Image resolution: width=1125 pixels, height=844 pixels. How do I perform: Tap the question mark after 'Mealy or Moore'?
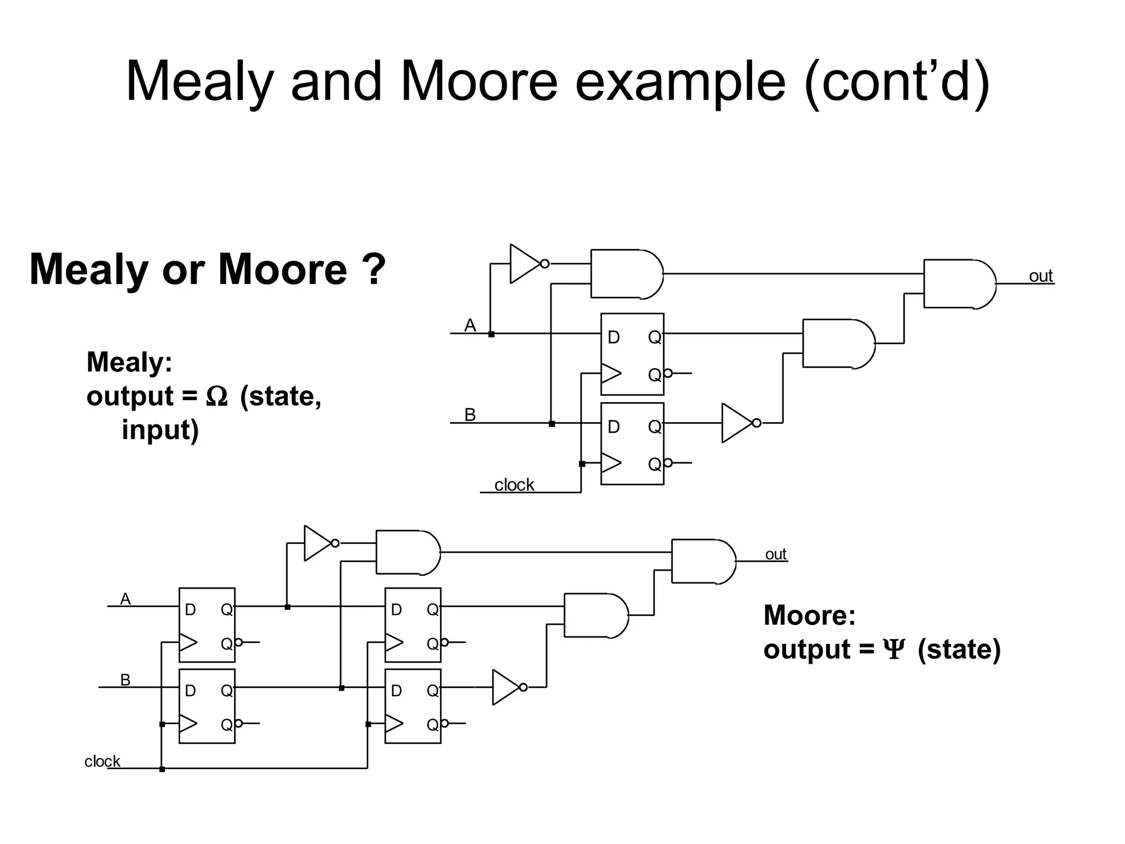pos(374,270)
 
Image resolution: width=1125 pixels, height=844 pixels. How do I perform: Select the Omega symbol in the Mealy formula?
pos(216,397)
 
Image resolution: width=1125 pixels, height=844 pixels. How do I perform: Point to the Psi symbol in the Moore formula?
pos(894,650)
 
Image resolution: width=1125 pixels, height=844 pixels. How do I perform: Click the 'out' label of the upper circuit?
pos(1040,276)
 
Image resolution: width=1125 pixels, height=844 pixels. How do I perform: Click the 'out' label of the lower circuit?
pos(776,554)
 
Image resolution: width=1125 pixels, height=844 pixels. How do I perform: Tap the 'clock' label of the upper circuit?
pos(514,485)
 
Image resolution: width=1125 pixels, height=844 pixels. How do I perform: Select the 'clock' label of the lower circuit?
pos(102,761)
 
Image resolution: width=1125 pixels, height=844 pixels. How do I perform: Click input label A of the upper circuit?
pos(470,325)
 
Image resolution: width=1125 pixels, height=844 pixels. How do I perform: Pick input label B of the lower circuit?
pos(125,680)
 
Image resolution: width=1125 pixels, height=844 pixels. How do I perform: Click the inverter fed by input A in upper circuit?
pos(526,264)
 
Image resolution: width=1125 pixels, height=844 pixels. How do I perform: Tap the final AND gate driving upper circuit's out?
pos(959,284)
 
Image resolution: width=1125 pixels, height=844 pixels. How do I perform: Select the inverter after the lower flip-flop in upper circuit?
pos(738,423)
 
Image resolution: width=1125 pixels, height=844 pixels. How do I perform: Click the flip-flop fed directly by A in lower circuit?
pos(207,625)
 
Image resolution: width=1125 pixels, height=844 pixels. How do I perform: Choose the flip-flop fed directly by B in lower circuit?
pos(207,706)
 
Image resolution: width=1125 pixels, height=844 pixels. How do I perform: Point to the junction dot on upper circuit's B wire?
pos(552,424)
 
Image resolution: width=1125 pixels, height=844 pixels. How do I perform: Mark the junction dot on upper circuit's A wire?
pos(491,334)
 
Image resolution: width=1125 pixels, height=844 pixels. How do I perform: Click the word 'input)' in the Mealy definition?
pos(160,430)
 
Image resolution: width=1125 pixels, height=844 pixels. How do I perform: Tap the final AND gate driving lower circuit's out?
pos(703,561)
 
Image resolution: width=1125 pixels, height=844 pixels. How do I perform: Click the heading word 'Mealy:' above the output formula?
pos(130,362)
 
